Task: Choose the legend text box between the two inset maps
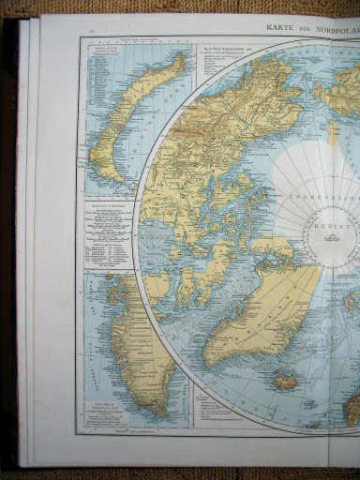[109, 235]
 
